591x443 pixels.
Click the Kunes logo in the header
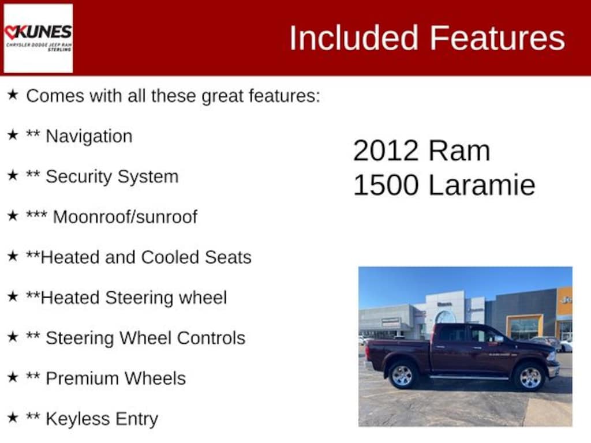[38, 38]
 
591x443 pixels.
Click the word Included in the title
[354, 37]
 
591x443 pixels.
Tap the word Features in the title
[497, 37]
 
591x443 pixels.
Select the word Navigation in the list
[89, 136]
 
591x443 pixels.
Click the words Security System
[112, 177]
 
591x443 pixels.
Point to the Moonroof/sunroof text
[125, 217]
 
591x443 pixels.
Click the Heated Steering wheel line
[126, 297]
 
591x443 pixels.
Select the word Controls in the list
[211, 338]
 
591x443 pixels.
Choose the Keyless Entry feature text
[102, 419]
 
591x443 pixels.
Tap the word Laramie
[482, 185]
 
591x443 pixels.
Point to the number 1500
[386, 185]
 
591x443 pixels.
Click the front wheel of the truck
[530, 377]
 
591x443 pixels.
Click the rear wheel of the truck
[402, 375]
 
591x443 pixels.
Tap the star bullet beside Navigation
[13, 134]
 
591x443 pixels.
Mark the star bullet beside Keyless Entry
[13, 417]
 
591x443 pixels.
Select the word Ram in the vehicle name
[459, 151]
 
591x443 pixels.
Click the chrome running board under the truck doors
[469, 377]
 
